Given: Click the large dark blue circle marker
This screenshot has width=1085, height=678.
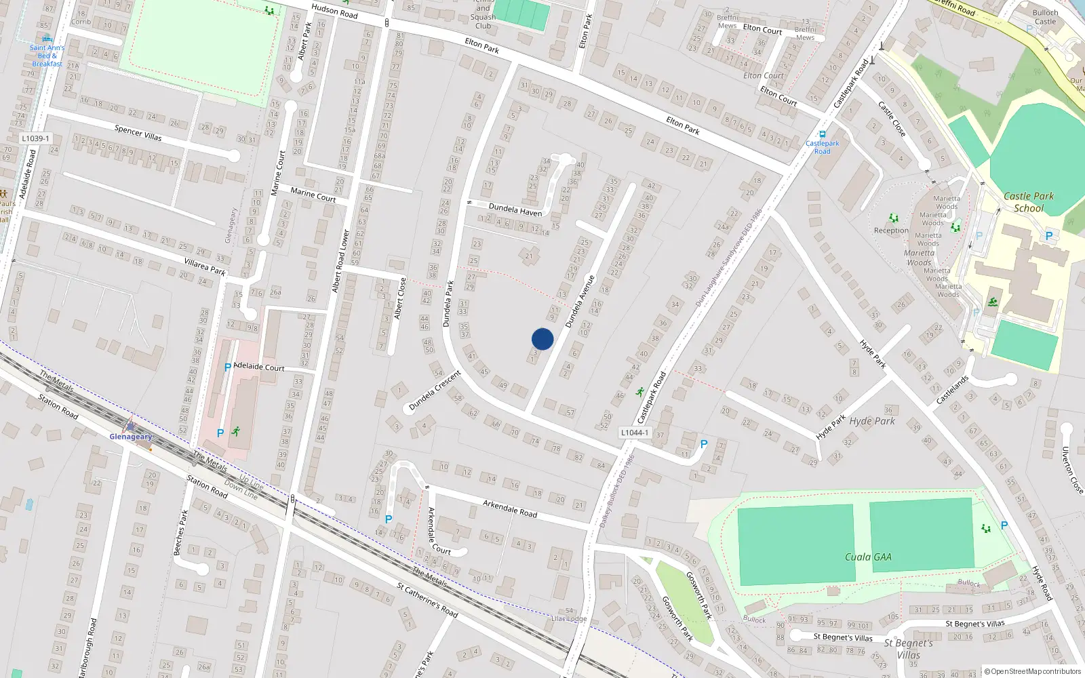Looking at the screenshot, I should pyautogui.click(x=542, y=339).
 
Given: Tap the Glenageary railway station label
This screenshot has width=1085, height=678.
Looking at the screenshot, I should pyautogui.click(x=131, y=437).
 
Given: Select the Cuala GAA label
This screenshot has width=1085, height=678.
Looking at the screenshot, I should pyautogui.click(x=868, y=557).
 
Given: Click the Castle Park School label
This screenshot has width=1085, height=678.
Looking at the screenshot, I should pyautogui.click(x=1029, y=202).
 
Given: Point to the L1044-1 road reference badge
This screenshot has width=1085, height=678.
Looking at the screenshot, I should pyautogui.click(x=635, y=433).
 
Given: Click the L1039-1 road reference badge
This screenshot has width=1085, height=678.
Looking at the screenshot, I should pyautogui.click(x=35, y=138).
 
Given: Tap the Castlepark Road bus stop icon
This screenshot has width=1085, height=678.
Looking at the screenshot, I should pyautogui.click(x=823, y=135).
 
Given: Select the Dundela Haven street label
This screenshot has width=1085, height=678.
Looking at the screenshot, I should pyautogui.click(x=515, y=210).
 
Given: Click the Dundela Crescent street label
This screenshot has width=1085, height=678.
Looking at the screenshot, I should pyautogui.click(x=435, y=391).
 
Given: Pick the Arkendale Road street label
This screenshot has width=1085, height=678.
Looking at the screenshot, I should pyautogui.click(x=510, y=509).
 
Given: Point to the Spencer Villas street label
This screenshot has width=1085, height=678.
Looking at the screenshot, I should pyautogui.click(x=138, y=133).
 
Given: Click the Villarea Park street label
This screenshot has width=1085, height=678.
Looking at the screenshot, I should pyautogui.click(x=205, y=266).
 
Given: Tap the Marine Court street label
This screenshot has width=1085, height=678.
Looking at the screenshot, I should pyautogui.click(x=313, y=195).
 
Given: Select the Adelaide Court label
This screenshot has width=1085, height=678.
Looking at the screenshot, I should pyautogui.click(x=259, y=367).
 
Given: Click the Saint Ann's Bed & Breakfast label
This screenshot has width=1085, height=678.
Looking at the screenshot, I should pyautogui.click(x=47, y=56).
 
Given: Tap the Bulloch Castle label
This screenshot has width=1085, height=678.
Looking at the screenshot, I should pyautogui.click(x=1045, y=17).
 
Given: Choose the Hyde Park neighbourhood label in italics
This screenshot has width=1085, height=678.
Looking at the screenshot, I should pyautogui.click(x=872, y=421).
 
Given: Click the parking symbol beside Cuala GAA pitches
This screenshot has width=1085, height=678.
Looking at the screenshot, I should pyautogui.click(x=1004, y=525).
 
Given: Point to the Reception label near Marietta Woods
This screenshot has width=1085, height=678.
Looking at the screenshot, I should pyautogui.click(x=891, y=231).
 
